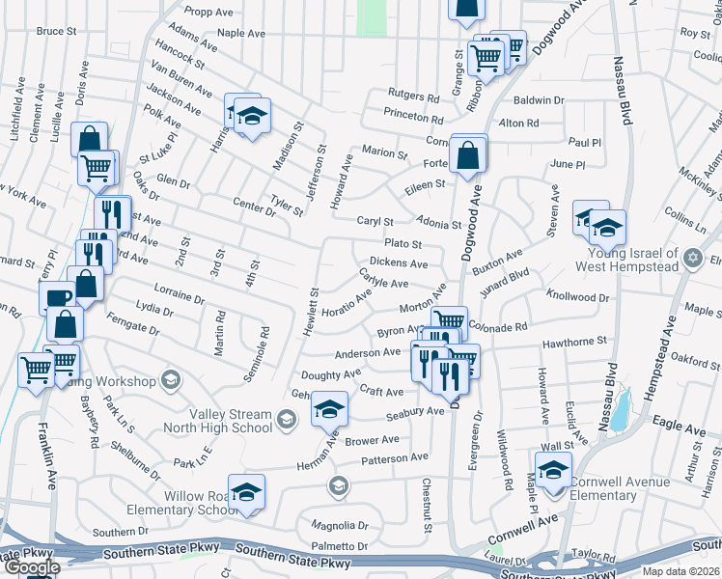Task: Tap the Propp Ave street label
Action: (x=211, y=13)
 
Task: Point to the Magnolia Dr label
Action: (x=340, y=526)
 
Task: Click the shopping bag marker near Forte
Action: (x=468, y=154)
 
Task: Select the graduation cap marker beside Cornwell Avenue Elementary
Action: (x=554, y=471)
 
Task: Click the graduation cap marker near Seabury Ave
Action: (x=329, y=410)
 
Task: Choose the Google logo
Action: (x=32, y=567)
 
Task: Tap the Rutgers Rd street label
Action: (x=413, y=96)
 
